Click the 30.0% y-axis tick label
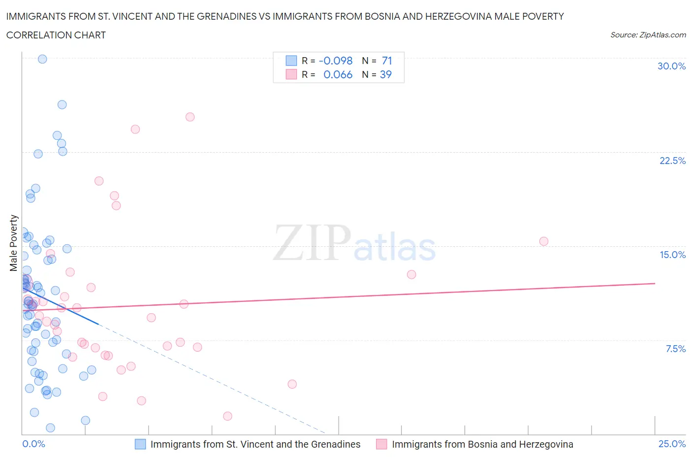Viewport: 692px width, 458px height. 671,66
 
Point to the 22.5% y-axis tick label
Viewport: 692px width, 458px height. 672,161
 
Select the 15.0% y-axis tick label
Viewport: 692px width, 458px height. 672,255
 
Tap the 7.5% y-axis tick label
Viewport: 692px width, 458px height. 675,349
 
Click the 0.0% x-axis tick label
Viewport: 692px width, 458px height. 33,444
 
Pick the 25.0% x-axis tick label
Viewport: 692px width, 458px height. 672,444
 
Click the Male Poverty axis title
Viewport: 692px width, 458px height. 13,243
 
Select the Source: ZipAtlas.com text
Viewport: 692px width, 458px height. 648,34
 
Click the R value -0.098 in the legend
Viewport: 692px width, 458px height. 336,61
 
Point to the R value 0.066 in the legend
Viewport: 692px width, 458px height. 338,74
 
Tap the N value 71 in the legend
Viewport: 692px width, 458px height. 387,61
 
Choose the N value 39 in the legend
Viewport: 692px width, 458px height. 385,74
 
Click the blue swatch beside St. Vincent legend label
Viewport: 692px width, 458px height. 140,444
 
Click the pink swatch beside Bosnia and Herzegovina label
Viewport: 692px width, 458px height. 381,444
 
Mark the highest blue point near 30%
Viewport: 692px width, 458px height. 42,59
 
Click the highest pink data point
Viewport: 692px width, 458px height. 190,117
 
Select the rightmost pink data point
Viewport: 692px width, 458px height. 543,241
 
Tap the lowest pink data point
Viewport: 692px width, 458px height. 227,416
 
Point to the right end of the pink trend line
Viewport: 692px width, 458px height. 655,283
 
